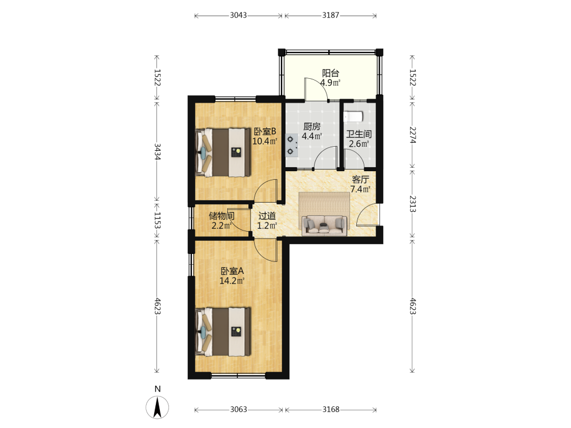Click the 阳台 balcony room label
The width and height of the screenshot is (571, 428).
(x=331, y=73)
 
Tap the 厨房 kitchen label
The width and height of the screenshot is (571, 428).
(x=312, y=126)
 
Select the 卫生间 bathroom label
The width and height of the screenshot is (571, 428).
(x=359, y=134)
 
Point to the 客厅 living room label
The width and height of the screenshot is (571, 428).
(x=360, y=179)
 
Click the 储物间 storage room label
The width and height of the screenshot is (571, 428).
(x=222, y=216)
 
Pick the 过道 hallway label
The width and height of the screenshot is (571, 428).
(x=267, y=216)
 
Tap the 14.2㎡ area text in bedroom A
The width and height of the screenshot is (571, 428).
(x=232, y=281)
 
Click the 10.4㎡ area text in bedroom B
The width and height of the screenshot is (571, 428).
(x=265, y=141)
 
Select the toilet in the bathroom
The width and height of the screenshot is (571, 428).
(x=353, y=116)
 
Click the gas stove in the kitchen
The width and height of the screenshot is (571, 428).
(x=291, y=145)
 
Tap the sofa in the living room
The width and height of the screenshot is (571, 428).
(x=324, y=224)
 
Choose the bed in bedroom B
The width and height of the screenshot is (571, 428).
(x=223, y=152)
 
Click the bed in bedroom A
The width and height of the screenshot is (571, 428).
(x=223, y=332)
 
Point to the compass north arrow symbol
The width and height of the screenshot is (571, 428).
(x=158, y=407)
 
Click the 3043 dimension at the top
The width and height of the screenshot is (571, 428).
(x=239, y=15)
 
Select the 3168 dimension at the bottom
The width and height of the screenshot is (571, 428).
(x=331, y=409)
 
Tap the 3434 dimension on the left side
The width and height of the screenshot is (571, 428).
(x=158, y=151)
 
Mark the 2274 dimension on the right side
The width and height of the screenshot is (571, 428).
(x=413, y=135)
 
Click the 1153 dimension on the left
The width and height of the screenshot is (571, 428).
(x=158, y=220)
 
